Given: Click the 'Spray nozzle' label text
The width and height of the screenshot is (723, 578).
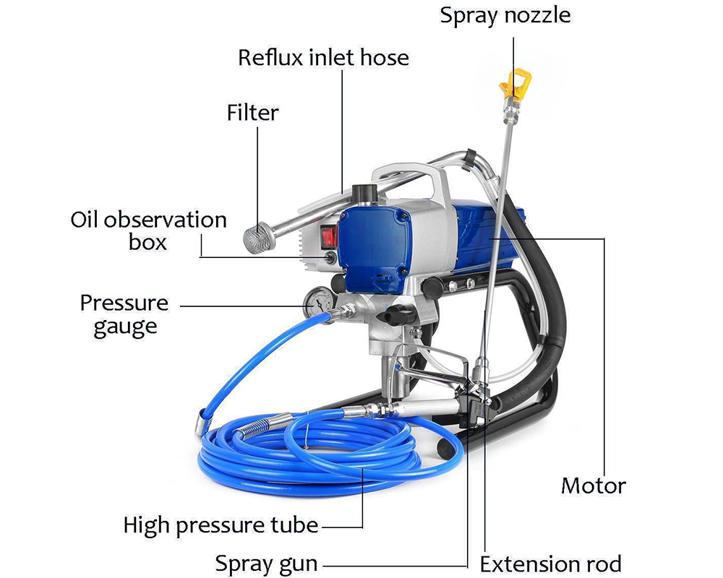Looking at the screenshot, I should (505, 14).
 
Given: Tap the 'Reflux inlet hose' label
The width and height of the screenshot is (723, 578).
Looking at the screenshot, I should (323, 57).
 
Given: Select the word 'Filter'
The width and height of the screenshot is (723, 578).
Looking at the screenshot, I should (252, 113).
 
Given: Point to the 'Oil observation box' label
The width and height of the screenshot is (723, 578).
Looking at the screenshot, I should (148, 230).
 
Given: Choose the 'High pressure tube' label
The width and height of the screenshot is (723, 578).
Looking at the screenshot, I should (221, 525).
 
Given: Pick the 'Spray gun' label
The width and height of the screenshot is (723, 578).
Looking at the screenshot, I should (267, 563).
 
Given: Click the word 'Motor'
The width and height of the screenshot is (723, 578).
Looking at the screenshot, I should (594, 485).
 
